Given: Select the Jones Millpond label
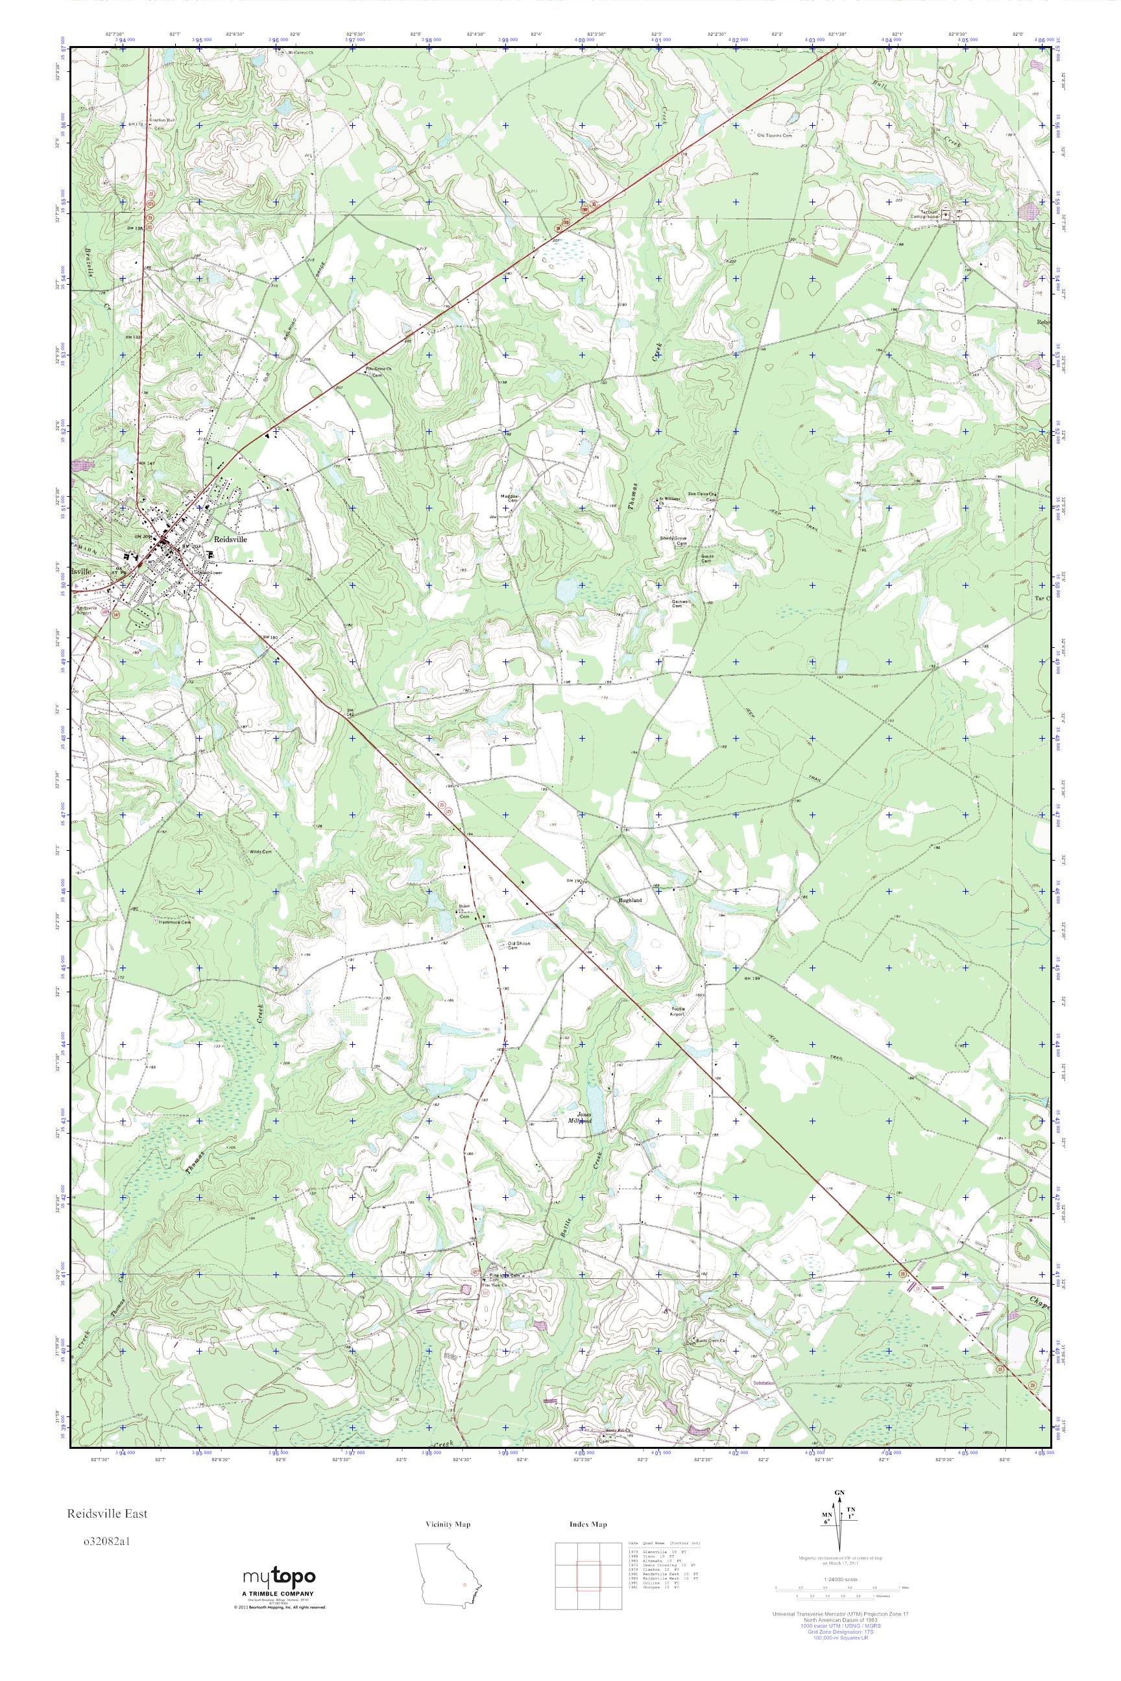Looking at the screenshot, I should [585, 1118].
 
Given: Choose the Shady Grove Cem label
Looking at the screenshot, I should [674, 542].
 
